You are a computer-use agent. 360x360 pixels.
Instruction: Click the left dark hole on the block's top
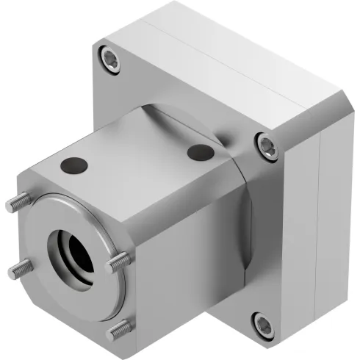(x=73, y=166)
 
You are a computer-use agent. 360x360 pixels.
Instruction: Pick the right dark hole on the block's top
(x=199, y=153)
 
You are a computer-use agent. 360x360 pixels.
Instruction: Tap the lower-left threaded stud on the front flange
(x=20, y=270)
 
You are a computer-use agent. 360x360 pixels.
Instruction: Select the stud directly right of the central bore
(x=118, y=260)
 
